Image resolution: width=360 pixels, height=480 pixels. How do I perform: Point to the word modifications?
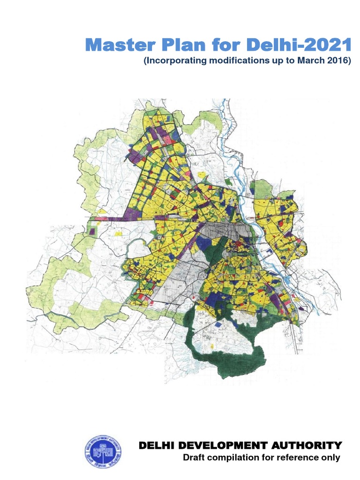[x=239, y=61]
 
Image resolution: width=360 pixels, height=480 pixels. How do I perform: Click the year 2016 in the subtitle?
[x=336, y=61]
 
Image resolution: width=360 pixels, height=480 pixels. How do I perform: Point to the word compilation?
[x=232, y=457]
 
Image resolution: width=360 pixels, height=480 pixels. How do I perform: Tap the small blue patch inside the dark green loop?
[x=218, y=324]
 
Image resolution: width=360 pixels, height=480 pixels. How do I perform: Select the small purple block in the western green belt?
[x=92, y=231]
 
